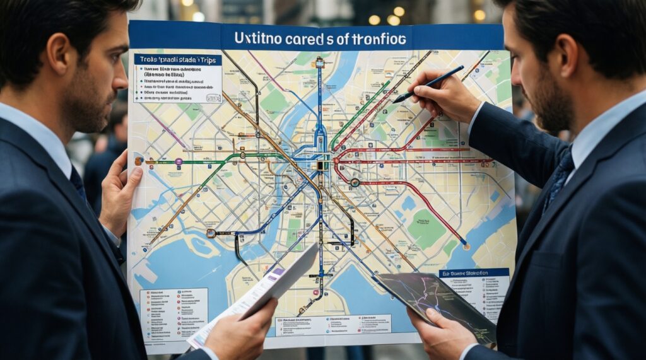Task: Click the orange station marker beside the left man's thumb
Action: pyautogui.click(x=139, y=161)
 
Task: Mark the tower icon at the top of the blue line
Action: pyautogui.click(x=320, y=62)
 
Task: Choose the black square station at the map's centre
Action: pyautogui.click(x=321, y=165)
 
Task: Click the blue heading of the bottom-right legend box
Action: pyautogui.click(x=473, y=273)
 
